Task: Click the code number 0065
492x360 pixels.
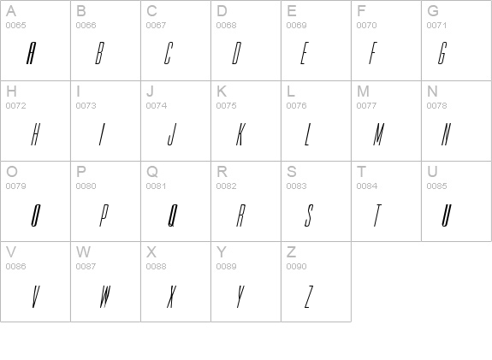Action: [x=15, y=26]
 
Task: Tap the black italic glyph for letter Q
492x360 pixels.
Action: [x=173, y=215]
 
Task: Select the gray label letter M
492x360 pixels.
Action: [x=363, y=91]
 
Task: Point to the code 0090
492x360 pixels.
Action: [x=296, y=267]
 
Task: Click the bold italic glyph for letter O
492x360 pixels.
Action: [x=36, y=215]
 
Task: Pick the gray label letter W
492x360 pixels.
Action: [x=83, y=251]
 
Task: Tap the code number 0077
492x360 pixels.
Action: [x=366, y=106]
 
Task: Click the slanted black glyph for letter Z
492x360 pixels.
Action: [x=309, y=297]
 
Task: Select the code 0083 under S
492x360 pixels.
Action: [x=296, y=186]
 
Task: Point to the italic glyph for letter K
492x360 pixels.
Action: [x=240, y=134]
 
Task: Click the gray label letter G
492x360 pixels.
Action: [x=433, y=11]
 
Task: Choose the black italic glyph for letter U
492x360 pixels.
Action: [x=447, y=215]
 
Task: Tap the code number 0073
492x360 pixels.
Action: [x=86, y=106]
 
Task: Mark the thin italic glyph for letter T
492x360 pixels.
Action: [x=377, y=215]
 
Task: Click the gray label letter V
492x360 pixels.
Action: [x=11, y=251]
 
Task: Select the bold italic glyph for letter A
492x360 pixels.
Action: [x=31, y=53]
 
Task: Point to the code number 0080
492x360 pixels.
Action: [x=86, y=186]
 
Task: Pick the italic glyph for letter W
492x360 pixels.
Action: [x=105, y=297]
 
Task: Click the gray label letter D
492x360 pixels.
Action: [x=222, y=11]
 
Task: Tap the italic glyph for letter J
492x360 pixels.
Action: [x=172, y=134]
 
